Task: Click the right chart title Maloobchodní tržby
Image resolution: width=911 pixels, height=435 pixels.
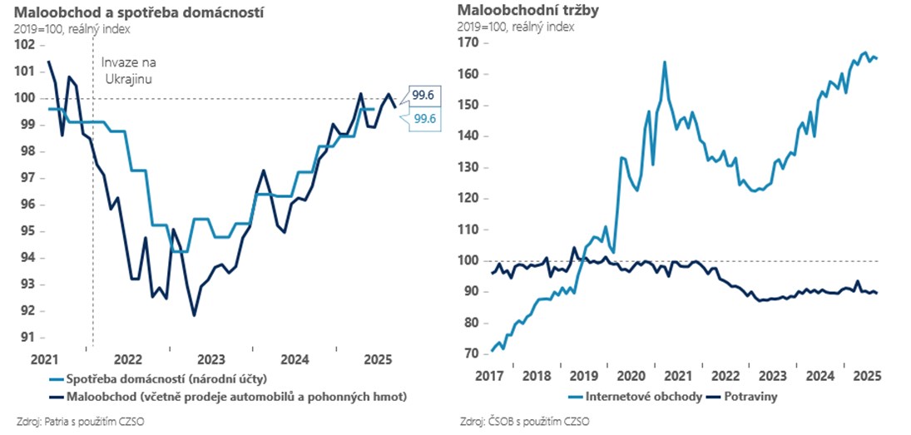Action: pos(517,12)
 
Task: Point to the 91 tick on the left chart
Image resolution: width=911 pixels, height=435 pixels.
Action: pos(27,338)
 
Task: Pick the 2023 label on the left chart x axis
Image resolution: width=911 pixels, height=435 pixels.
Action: pos(210,359)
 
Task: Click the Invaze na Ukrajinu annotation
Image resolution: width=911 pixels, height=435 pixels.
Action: pos(128,70)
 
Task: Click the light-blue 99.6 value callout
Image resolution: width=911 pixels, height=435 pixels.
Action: pos(423,120)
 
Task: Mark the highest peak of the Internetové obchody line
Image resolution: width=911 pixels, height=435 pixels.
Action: pos(865,52)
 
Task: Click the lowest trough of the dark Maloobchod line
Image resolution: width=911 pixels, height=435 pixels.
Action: pos(194,315)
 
